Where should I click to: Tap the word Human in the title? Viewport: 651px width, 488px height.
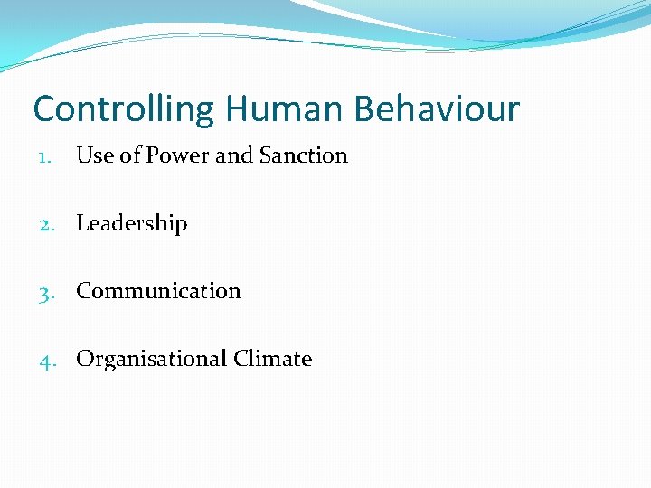285,109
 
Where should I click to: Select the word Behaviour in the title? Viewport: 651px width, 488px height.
437,109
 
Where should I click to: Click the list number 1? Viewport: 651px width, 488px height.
45,156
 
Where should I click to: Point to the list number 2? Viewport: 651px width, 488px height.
46,224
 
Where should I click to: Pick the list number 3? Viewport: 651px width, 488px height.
46,292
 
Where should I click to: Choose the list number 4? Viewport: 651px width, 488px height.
46,360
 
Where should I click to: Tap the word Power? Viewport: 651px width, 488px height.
178,155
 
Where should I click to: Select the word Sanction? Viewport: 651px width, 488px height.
303,155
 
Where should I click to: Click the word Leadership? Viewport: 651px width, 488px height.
131,224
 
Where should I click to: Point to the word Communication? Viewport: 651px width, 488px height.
158,291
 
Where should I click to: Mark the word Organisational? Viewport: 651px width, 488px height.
151,359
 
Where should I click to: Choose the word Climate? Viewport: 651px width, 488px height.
272,359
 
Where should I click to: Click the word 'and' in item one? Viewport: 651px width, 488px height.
234,155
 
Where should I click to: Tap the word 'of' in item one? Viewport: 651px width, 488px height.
130,155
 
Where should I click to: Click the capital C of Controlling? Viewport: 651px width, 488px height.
43,109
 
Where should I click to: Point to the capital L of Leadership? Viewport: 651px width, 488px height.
82,223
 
